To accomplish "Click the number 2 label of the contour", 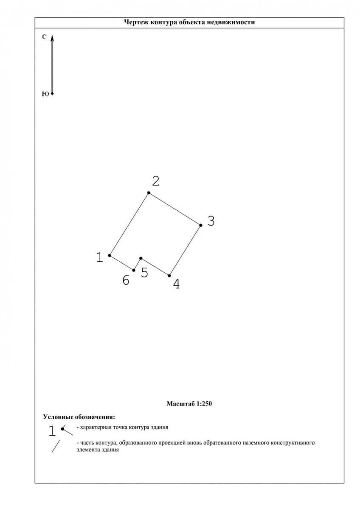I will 156,182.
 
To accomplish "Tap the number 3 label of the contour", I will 211,221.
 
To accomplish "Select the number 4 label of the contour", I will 176,284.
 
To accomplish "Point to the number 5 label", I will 144,273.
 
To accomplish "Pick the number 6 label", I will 126,280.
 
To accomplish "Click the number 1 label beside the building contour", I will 99,257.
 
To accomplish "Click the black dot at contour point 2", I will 149,193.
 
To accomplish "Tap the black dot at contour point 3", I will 200,225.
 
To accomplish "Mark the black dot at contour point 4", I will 169,276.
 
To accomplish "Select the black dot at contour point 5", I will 141,258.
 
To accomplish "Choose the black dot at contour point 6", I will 134,270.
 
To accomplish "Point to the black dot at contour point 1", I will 110,255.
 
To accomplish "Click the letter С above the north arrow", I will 44,37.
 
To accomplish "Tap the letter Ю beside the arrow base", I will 45,94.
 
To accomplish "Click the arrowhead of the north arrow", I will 52,38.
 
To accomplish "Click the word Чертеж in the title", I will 134,22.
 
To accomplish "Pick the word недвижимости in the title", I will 237,22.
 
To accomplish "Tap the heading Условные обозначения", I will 79,417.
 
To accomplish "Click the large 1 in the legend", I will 52,431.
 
